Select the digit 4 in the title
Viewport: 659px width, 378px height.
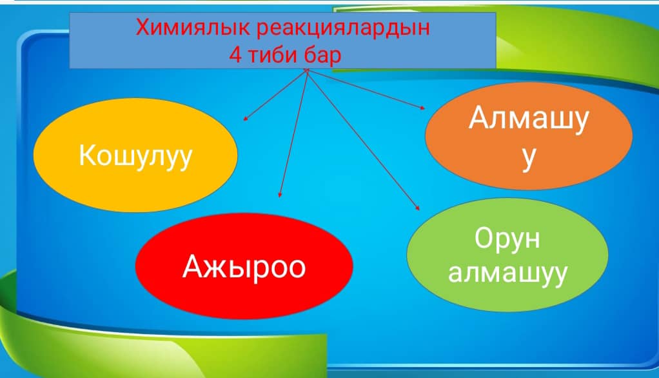pyautogui.click(x=235, y=55)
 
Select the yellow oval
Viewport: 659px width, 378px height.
pyautogui.click(x=135, y=155)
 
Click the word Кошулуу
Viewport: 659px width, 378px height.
pyautogui.click(x=135, y=156)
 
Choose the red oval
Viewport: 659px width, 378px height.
pyautogui.click(x=244, y=266)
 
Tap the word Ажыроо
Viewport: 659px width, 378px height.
pyautogui.click(x=244, y=267)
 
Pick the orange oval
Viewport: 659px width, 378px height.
pyautogui.click(x=529, y=136)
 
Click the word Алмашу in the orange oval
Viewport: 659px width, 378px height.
pyautogui.click(x=529, y=119)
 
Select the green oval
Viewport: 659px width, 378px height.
pyautogui.click(x=507, y=255)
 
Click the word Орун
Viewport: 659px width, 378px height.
pyautogui.click(x=507, y=239)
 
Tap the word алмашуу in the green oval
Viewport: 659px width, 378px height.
pyautogui.click(x=507, y=274)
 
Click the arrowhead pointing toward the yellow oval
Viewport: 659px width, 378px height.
pyautogui.click(x=245, y=119)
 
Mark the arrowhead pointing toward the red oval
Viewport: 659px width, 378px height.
pyautogui.click(x=280, y=195)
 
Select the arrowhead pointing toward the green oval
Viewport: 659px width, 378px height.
pyautogui.click(x=417, y=207)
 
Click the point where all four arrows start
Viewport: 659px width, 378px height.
pyautogui.click(x=307, y=71)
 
